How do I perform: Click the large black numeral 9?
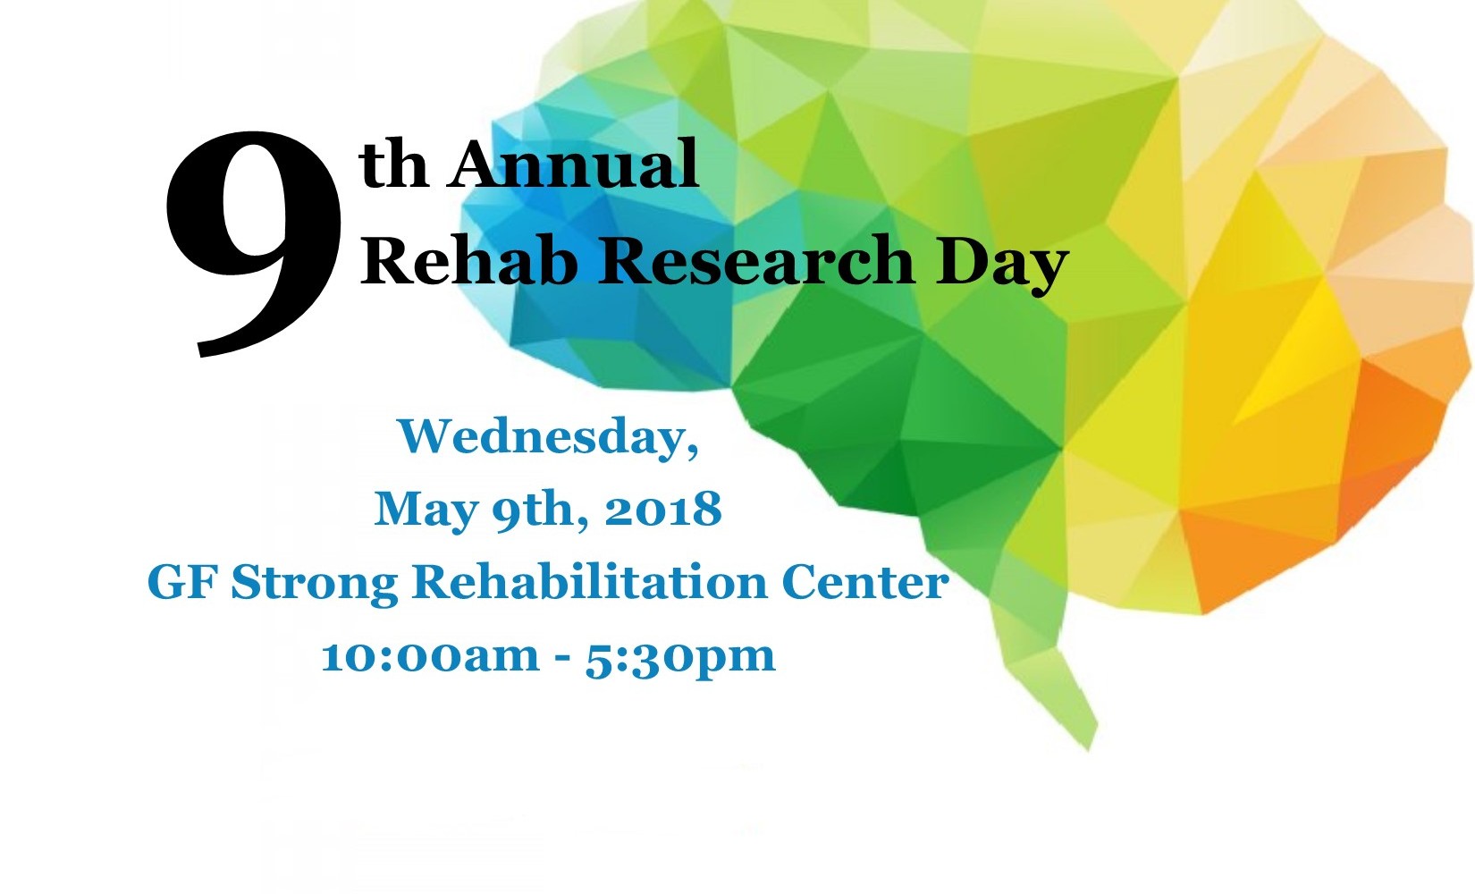pos(255,243)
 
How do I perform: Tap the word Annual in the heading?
pos(573,164)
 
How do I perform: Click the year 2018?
pos(663,508)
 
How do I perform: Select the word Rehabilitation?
pos(589,582)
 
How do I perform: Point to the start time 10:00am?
pos(431,656)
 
